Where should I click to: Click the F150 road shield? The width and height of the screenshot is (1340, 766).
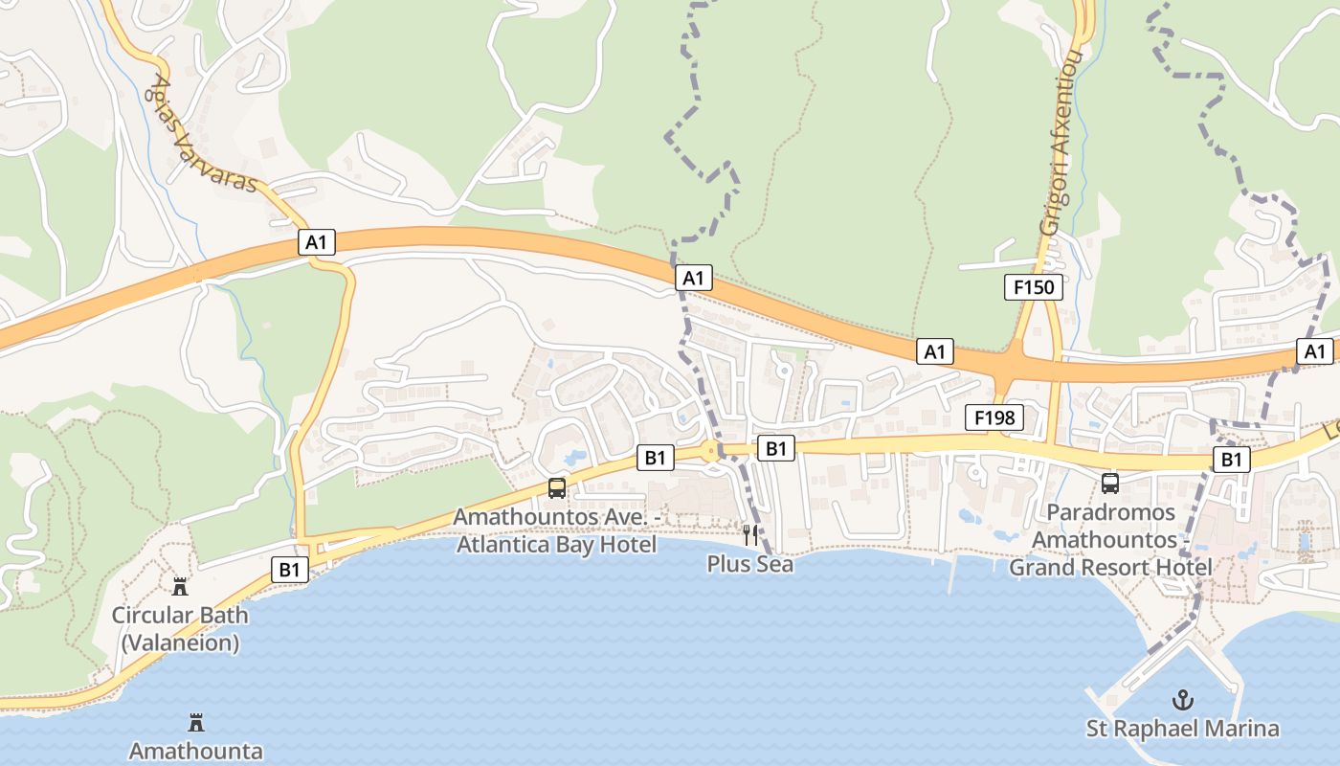click(x=1034, y=286)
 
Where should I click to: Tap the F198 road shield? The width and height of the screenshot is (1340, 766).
click(x=994, y=417)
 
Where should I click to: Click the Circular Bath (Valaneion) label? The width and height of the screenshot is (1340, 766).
click(x=180, y=629)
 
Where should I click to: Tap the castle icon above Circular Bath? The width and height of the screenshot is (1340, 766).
click(x=180, y=586)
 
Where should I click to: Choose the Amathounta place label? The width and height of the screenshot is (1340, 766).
click(x=196, y=751)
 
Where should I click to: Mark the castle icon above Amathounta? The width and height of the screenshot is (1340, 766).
click(x=196, y=722)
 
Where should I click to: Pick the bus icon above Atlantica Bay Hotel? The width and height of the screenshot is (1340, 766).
click(x=557, y=488)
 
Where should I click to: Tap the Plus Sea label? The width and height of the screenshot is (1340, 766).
click(x=750, y=564)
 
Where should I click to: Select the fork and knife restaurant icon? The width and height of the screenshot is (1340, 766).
click(x=750, y=534)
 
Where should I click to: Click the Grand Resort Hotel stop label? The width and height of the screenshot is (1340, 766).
click(x=1110, y=539)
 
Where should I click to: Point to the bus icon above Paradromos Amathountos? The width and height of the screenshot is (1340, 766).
click(x=1110, y=483)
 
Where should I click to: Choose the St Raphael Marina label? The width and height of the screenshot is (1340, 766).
click(x=1183, y=729)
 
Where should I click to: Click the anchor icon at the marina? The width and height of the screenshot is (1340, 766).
click(x=1184, y=700)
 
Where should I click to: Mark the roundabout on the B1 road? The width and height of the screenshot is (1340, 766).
click(x=711, y=452)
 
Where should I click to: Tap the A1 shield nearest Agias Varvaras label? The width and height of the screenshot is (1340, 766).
click(x=317, y=243)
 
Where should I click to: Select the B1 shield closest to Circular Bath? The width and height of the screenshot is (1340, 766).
click(x=289, y=570)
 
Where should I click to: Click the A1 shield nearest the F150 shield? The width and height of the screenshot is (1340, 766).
click(x=934, y=351)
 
